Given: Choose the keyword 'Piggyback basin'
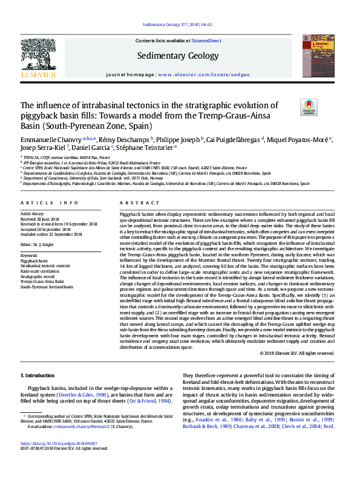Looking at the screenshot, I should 34,261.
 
